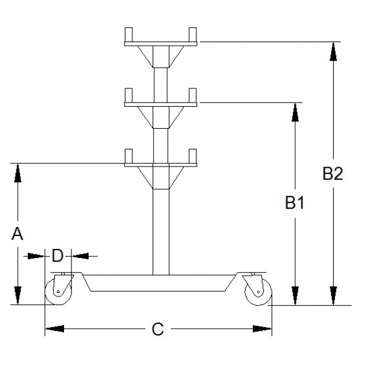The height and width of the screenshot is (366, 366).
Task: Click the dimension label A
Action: pos(18,233)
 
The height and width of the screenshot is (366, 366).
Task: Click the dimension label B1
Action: pos(295,203)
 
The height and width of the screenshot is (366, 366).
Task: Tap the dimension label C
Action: pos(158,329)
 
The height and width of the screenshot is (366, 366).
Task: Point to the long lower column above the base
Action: pos(160,232)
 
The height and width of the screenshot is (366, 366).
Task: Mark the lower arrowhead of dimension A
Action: pos(18,295)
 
